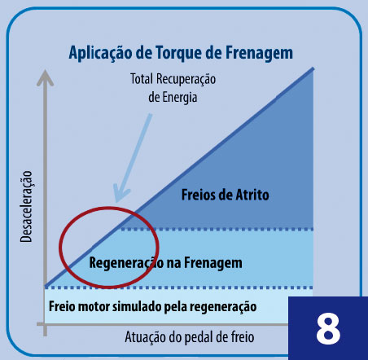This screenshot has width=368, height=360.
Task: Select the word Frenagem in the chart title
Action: (259, 54)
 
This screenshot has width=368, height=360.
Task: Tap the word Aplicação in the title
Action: (100, 54)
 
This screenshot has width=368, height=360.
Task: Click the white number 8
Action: (328, 328)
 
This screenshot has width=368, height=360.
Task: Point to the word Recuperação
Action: (186, 79)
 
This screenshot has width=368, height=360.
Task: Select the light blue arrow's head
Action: (120, 193)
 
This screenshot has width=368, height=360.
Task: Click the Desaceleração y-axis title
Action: (27, 206)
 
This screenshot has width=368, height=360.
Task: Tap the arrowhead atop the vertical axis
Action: (45, 78)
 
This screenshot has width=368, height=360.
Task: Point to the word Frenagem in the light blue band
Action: (213, 263)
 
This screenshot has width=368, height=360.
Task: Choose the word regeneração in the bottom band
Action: (223, 307)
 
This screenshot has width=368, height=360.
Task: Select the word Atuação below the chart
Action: (145, 337)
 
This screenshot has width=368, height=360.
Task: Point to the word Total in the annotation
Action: (142, 79)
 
